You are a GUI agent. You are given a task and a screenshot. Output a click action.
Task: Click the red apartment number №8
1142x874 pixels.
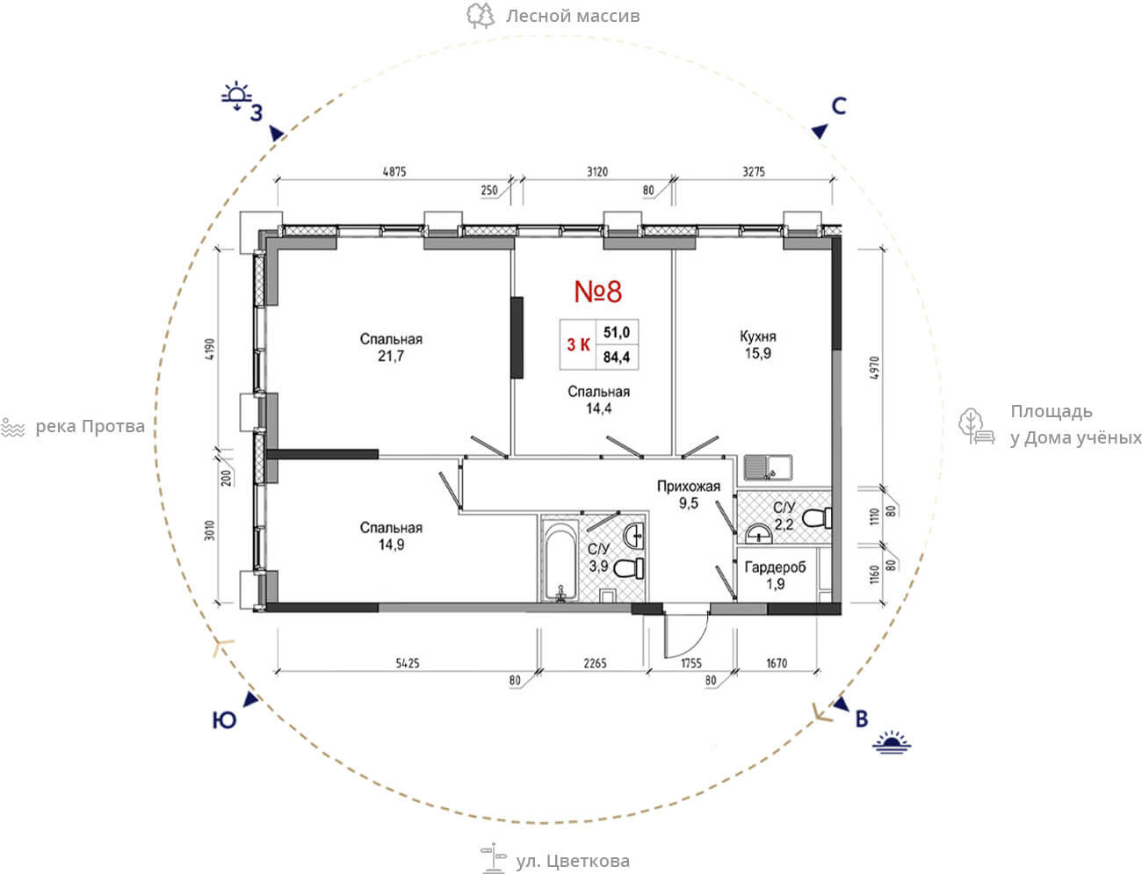[x=598, y=292]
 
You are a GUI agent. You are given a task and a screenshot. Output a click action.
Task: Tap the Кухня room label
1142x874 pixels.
[x=757, y=336]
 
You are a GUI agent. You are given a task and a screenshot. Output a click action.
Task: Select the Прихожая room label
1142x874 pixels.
[x=689, y=487]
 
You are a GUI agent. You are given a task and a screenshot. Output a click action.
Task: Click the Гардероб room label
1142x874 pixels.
[x=775, y=567]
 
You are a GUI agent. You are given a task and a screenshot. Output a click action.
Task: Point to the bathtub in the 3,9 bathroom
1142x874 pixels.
[x=560, y=560]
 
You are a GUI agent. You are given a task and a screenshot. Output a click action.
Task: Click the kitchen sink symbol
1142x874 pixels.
[x=768, y=467]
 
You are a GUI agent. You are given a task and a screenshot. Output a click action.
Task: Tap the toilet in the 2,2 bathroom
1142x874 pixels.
[x=817, y=518]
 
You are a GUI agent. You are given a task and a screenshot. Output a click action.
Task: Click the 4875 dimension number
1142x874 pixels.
[x=394, y=171]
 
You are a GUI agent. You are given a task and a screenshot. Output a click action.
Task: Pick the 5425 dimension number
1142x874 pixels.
[x=408, y=663]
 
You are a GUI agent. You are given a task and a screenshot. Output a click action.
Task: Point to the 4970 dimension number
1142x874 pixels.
[x=874, y=367]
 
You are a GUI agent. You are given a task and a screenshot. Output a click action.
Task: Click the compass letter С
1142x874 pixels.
[x=839, y=106]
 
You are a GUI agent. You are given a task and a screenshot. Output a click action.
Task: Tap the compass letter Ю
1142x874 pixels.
[x=224, y=720]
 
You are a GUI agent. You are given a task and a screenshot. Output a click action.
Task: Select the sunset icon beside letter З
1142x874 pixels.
[x=236, y=96]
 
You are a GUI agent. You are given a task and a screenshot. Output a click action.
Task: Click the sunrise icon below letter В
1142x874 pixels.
[x=892, y=742]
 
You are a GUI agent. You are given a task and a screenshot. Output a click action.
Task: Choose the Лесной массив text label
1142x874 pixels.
[x=572, y=16]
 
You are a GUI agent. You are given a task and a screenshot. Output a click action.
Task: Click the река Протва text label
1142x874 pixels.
[x=90, y=427]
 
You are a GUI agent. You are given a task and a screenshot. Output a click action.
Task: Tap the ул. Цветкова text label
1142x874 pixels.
[x=572, y=861]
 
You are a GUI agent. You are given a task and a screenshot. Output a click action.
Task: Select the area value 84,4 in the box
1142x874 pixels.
[x=617, y=357]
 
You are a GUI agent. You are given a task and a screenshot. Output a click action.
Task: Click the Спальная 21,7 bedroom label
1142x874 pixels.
[x=391, y=348]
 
